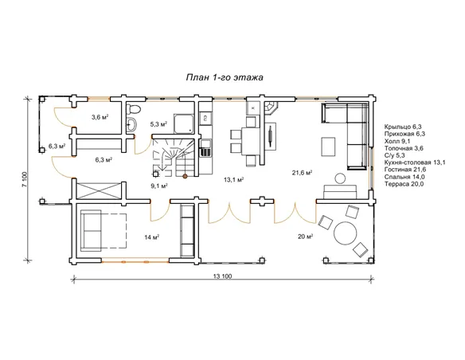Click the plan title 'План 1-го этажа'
(x=225, y=77)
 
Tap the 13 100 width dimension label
(x=222, y=276)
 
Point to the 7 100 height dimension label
(x=25, y=179)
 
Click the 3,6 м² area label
(x=100, y=117)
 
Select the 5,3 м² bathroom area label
(x=158, y=124)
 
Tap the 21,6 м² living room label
(x=302, y=173)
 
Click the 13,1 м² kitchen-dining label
(x=233, y=179)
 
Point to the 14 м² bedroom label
(x=151, y=237)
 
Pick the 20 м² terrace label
(x=306, y=237)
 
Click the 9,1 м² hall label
(x=159, y=186)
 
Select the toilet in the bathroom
(x=132, y=108)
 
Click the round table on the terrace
(x=346, y=233)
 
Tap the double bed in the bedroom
(x=103, y=230)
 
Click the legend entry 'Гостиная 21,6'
(x=405, y=170)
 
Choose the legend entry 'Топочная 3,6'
(x=404, y=148)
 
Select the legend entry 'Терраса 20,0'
(x=404, y=184)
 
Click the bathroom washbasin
(x=131, y=124)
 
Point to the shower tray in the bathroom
(x=184, y=123)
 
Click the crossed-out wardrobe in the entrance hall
(x=99, y=190)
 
